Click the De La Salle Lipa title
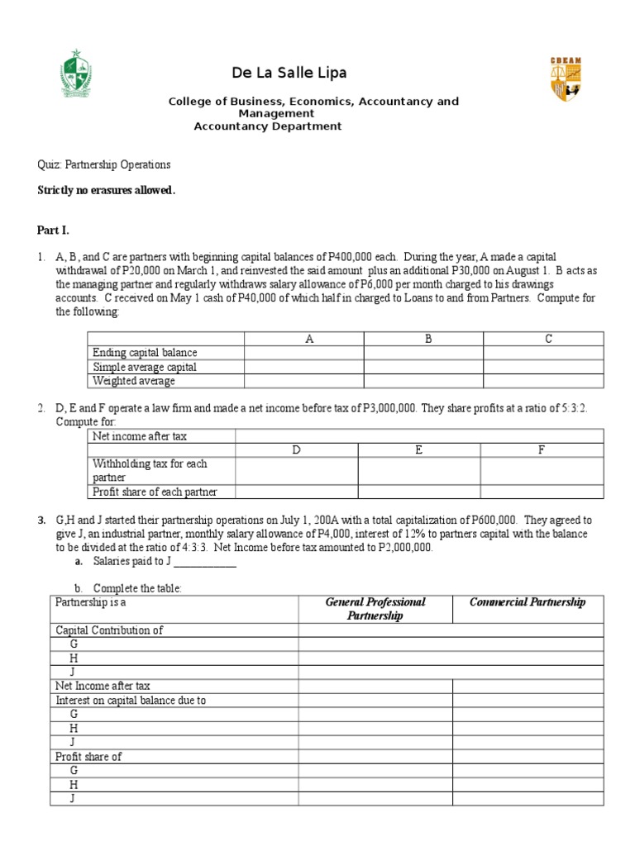[289, 73]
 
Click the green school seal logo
[83, 75]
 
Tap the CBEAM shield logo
[566, 79]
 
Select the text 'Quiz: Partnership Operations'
[104, 164]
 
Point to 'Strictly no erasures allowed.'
[106, 190]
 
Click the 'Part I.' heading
[55, 230]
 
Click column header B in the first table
[428, 339]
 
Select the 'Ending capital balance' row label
[145, 353]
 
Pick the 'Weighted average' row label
[134, 381]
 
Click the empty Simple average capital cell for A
[303, 367]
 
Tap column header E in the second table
[419, 449]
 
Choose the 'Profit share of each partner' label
[155, 492]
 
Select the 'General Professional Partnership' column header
[375, 609]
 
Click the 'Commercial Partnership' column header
[528, 602]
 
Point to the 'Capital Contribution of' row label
[109, 630]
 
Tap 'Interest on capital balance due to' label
[131, 700]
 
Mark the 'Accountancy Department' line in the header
[267, 126]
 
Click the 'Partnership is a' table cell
[91, 602]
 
